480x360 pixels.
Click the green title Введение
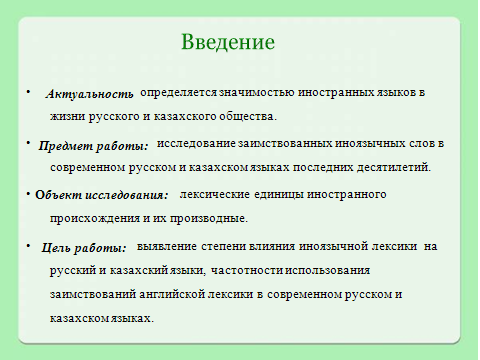(228, 42)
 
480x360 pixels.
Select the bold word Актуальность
(89, 94)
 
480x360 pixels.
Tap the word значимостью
(257, 93)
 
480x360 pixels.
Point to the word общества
(248, 117)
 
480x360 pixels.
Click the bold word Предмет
(65, 146)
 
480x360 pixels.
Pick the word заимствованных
(285, 144)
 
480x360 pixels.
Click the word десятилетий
(394, 167)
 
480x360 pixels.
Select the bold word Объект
(58, 195)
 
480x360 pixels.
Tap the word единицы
(279, 195)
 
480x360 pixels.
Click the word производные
(209, 219)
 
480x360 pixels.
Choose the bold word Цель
(56, 248)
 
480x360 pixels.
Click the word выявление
(167, 247)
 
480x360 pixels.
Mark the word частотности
(247, 270)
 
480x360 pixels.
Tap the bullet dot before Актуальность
(29, 91)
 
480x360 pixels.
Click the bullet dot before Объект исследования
(29, 193)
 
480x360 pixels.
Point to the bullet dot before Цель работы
(29, 246)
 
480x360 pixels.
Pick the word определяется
(179, 94)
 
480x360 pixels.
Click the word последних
(323, 167)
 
